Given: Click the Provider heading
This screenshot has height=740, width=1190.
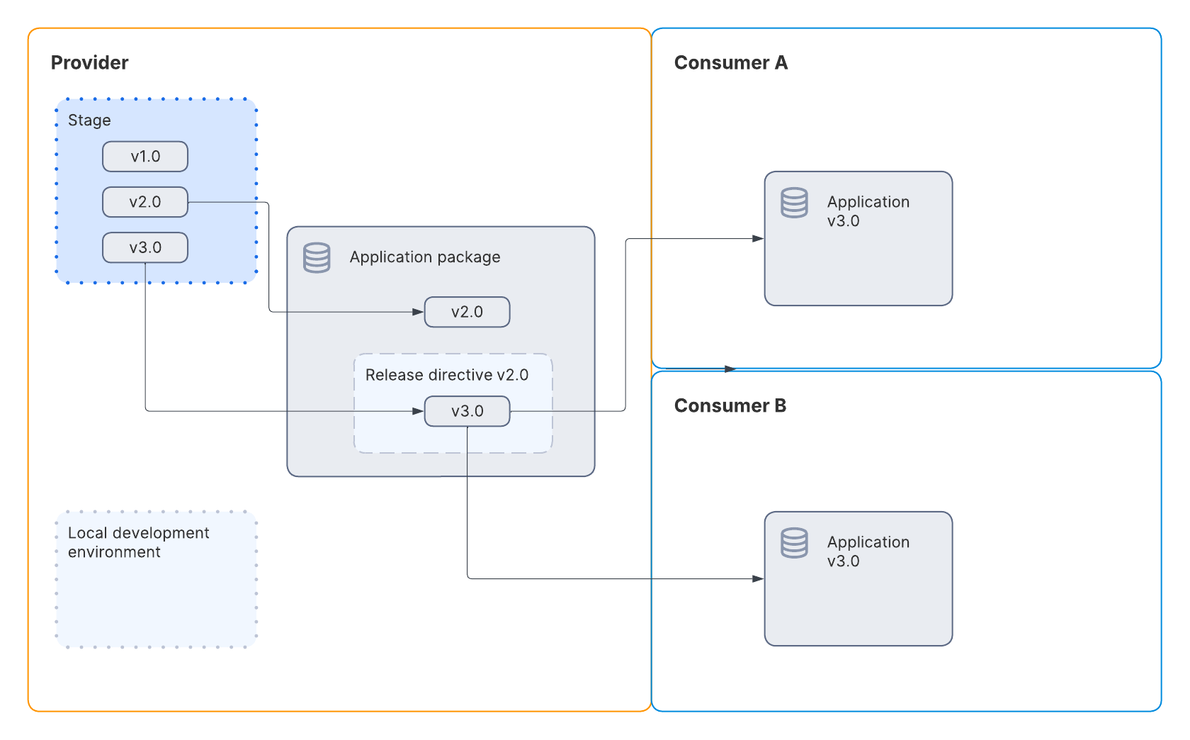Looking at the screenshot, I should tap(89, 63).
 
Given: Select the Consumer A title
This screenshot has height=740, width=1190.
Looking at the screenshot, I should tap(730, 63).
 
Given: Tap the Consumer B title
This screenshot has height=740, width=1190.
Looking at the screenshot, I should tap(730, 406).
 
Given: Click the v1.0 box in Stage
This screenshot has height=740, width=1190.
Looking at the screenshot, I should tap(145, 157).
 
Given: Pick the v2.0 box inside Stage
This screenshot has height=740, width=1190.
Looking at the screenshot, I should tap(145, 202).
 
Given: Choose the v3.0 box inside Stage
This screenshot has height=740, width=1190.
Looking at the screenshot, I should tap(145, 247).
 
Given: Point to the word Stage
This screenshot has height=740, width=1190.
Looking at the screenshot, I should tap(89, 120).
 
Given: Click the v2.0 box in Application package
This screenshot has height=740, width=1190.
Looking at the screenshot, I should tap(467, 312).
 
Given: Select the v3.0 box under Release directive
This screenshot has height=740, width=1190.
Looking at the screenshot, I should tap(467, 411).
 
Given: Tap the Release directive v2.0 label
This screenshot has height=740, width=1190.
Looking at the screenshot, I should tap(446, 375).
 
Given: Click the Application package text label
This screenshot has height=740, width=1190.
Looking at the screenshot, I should tap(424, 257).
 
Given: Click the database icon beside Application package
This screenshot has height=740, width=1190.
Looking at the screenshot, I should tap(317, 258).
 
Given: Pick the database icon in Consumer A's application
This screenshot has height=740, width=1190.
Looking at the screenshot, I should tap(794, 203).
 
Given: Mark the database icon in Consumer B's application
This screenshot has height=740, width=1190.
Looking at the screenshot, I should tap(794, 543).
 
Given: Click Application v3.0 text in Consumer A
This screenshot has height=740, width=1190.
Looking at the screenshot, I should tap(868, 211).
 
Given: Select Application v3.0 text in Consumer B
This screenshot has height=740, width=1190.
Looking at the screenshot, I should tap(868, 551).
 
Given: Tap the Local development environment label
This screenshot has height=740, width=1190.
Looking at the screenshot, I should tap(138, 542).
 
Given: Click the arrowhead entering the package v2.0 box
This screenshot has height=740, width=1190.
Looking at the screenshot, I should tap(418, 312).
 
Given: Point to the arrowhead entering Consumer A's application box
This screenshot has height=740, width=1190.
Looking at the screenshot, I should tap(758, 239).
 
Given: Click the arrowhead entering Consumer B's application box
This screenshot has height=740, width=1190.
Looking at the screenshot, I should tap(758, 579).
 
